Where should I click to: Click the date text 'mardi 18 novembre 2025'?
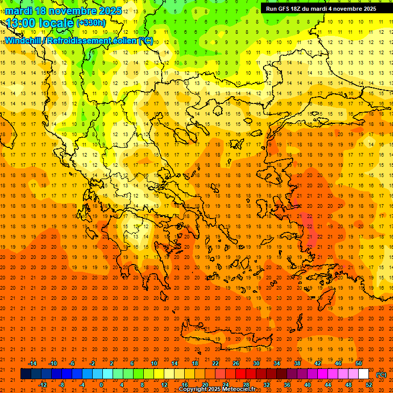(x=63, y=11)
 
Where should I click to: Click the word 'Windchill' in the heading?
(x=23, y=40)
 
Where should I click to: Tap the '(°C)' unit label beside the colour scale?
(x=381, y=374)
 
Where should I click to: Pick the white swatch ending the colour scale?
(x=363, y=374)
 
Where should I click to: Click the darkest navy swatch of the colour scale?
(x=26, y=374)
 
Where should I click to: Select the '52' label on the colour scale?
(x=369, y=384)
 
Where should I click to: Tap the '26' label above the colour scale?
(x=236, y=363)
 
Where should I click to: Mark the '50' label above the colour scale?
(x=359, y=363)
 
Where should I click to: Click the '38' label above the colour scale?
(x=297, y=363)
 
